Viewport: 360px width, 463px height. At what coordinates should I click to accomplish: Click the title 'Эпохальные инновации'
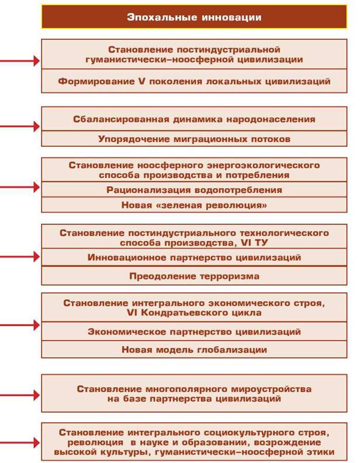click(x=194, y=17)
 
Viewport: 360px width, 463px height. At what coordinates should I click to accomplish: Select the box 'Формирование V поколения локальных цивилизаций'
click(x=194, y=81)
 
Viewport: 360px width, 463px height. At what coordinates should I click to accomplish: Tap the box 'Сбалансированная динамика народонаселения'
click(x=194, y=119)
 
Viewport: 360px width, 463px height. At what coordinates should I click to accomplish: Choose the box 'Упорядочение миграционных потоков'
click(x=194, y=139)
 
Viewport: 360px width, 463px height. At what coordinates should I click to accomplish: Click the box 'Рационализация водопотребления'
click(x=194, y=189)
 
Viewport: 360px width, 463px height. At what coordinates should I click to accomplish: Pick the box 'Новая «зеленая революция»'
click(x=194, y=205)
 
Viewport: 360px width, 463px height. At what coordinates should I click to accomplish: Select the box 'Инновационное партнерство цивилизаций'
click(x=194, y=257)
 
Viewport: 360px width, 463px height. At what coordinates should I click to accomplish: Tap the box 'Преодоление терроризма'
click(x=194, y=276)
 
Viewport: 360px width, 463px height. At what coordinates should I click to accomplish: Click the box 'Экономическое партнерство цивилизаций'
click(x=194, y=331)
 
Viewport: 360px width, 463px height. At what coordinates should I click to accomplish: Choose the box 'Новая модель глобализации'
click(x=194, y=350)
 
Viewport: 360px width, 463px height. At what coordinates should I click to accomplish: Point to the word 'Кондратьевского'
click(x=185, y=313)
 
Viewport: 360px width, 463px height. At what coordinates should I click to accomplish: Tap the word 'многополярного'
click(x=187, y=389)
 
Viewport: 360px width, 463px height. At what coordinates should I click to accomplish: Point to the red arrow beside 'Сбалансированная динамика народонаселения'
click(x=20, y=127)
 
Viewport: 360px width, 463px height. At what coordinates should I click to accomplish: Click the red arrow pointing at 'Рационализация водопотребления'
click(x=20, y=187)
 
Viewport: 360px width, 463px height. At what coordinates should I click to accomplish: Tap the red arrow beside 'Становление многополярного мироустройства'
click(x=20, y=395)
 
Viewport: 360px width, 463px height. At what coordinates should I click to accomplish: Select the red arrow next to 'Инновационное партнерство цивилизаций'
click(x=20, y=257)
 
